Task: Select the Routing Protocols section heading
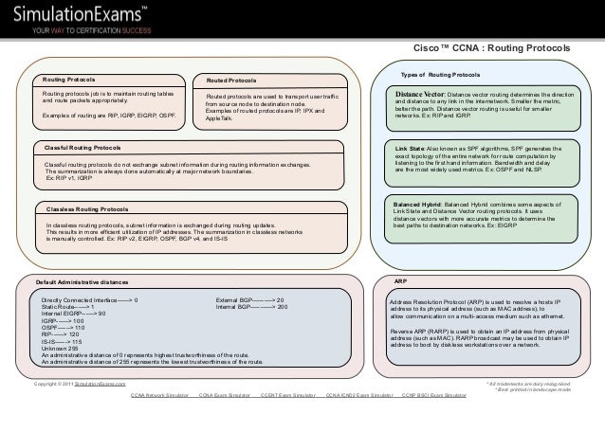(66, 79)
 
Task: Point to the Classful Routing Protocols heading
(83, 148)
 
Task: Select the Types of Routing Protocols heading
(440, 74)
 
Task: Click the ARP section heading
(401, 281)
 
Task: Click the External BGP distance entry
(250, 299)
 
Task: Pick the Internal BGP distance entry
(251, 307)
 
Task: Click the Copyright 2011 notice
(80, 384)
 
